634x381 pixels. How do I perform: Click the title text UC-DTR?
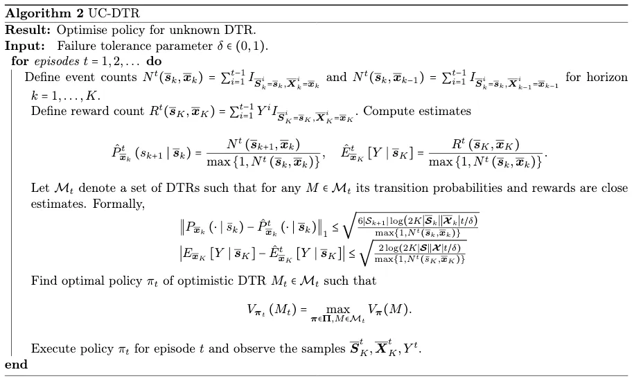pyautogui.click(x=114, y=13)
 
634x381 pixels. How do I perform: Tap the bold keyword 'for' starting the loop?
pyautogui.click(x=20, y=61)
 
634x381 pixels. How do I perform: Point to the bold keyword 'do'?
pyautogui.click(x=154, y=61)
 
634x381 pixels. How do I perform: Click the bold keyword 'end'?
pyautogui.click(x=16, y=364)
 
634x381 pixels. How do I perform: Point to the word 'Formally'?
pyautogui.click(x=118, y=204)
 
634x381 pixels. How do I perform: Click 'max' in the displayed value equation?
pyautogui.click(x=338, y=310)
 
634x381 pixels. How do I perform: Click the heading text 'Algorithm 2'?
pyautogui.click(x=44, y=13)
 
